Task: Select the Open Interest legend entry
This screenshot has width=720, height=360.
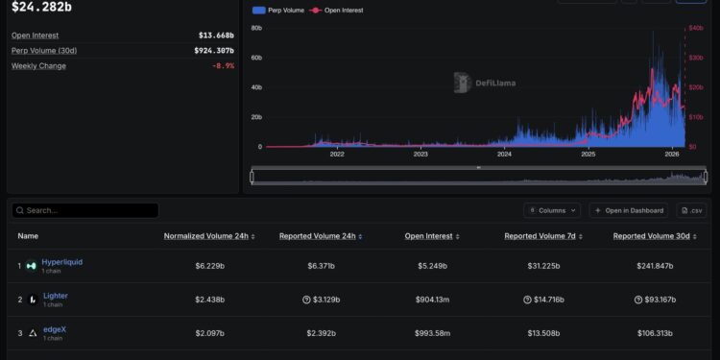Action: click(x=337, y=10)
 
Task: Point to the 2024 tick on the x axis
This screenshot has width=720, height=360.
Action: click(x=505, y=154)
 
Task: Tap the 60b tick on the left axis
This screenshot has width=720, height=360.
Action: click(x=256, y=58)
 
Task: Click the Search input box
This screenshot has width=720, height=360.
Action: click(x=86, y=210)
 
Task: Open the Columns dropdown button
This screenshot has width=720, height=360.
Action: click(x=552, y=210)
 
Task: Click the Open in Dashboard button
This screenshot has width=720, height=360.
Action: click(x=628, y=210)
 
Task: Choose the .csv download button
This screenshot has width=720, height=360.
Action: click(x=691, y=210)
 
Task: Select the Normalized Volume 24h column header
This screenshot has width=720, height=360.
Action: click(x=208, y=235)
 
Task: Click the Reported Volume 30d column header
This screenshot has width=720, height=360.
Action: click(x=660, y=235)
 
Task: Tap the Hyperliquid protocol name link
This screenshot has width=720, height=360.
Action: click(x=63, y=261)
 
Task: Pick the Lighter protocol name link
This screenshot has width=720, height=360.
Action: click(x=56, y=296)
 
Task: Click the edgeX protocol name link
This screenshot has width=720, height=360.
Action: click(x=55, y=329)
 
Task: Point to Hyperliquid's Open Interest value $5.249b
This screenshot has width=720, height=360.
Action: click(x=427, y=266)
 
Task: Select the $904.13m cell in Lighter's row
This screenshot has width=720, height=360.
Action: click(x=427, y=300)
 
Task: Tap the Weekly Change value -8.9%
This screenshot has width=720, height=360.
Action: click(x=222, y=66)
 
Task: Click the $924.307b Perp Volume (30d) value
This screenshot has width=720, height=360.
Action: click(x=214, y=51)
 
